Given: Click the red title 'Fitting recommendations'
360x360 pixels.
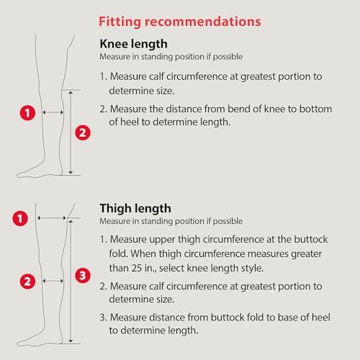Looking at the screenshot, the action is click(x=180, y=22).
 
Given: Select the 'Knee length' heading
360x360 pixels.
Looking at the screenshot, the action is click(x=133, y=44).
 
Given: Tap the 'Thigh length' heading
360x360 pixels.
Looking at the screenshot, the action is click(x=135, y=208).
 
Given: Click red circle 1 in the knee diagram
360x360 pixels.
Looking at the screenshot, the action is click(x=27, y=113).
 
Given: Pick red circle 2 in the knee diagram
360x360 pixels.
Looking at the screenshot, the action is click(x=83, y=132).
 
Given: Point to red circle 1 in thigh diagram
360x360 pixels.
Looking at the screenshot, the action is click(x=20, y=218).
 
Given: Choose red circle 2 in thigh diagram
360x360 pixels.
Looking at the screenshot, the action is click(x=27, y=282).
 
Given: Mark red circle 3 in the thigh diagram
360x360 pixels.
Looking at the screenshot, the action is click(x=83, y=275).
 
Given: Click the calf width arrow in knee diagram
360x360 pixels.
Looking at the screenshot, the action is click(x=53, y=112).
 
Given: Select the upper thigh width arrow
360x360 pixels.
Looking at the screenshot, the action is click(x=52, y=218).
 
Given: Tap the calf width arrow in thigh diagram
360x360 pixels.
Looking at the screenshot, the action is click(x=53, y=281).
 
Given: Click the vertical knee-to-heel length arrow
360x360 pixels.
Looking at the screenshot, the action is click(x=71, y=132).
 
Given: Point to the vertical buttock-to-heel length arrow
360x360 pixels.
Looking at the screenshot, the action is click(x=71, y=281).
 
